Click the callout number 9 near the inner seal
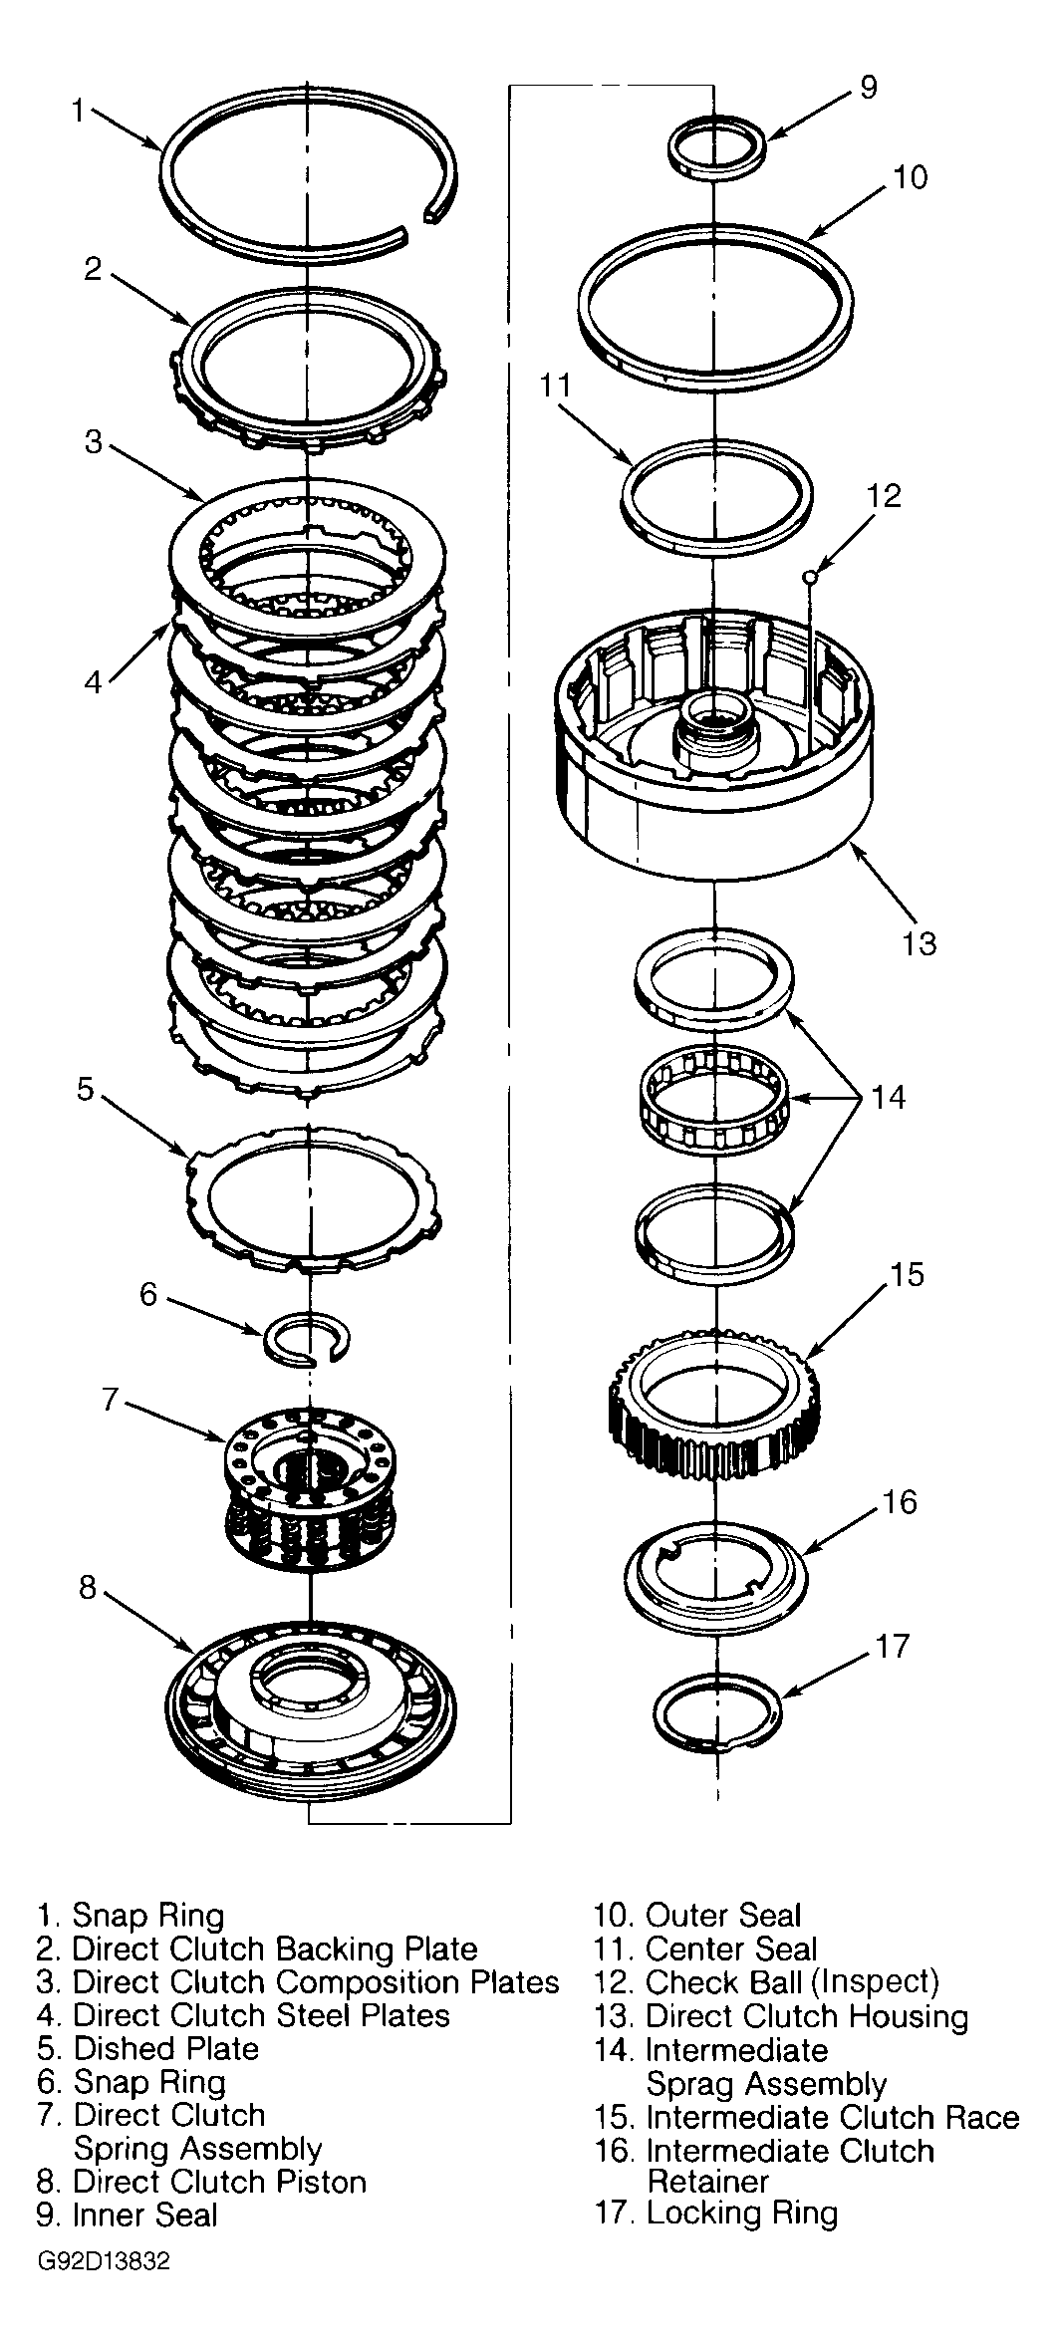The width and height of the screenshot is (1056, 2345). (x=868, y=89)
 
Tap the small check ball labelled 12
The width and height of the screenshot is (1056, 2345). (x=812, y=575)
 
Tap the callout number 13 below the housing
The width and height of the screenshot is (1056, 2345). (x=919, y=942)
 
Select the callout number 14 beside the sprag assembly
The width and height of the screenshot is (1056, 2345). (x=889, y=1097)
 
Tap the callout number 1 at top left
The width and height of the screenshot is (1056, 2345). (x=79, y=110)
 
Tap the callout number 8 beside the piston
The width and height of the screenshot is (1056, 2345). (x=88, y=1587)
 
